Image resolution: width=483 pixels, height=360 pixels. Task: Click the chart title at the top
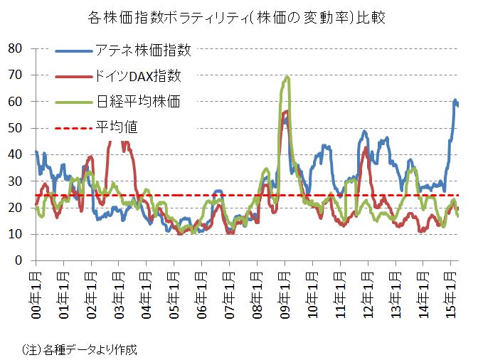(x=241, y=17)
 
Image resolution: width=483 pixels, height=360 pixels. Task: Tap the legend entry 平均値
(x=117, y=127)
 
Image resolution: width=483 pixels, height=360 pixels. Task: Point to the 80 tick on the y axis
(x=15, y=48)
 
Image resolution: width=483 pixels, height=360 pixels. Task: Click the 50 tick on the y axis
(x=15, y=128)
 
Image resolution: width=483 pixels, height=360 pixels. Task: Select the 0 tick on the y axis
(x=18, y=261)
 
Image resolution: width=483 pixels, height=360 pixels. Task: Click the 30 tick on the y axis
(x=15, y=181)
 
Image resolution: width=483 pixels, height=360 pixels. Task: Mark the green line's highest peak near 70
(x=287, y=77)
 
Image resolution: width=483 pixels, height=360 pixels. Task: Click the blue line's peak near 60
(x=455, y=101)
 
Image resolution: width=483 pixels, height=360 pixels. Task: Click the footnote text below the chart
(x=79, y=349)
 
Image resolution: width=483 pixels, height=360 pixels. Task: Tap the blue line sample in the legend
(x=74, y=51)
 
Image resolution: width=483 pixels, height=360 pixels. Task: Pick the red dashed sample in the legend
(x=74, y=127)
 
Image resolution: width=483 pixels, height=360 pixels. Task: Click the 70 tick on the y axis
(x=15, y=75)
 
